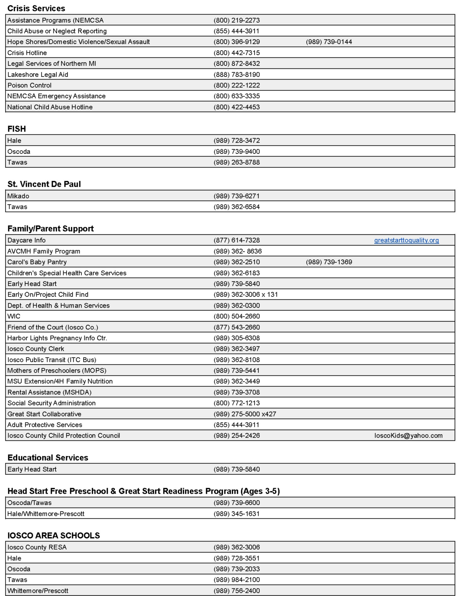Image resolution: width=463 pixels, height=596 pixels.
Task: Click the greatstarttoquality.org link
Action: [x=406, y=240]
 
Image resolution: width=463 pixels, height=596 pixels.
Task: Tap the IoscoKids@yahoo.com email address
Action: [x=408, y=436]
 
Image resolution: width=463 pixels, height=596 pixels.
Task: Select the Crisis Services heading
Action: [x=36, y=8]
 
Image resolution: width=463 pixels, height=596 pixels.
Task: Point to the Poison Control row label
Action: [x=29, y=85]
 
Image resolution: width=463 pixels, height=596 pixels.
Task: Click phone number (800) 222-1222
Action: [x=236, y=85]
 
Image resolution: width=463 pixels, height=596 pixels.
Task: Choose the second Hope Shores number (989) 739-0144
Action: [x=329, y=42]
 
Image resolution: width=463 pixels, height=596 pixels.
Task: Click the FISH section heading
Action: [x=16, y=129]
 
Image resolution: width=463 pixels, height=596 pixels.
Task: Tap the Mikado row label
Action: [x=18, y=196]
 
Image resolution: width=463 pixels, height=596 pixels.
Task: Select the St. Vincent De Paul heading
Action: [x=44, y=184]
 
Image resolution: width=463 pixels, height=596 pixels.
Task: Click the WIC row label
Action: [x=14, y=316]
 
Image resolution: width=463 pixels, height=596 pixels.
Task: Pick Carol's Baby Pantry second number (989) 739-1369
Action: [x=329, y=262]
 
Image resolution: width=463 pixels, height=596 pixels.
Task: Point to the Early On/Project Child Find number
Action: [x=246, y=294]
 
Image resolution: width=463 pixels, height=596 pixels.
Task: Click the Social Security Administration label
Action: [x=51, y=403]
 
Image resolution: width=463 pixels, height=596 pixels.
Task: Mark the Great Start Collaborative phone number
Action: [x=245, y=414]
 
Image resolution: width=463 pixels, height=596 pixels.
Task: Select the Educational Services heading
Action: [x=48, y=457]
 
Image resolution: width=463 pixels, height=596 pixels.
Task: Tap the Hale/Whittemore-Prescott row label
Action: [x=46, y=514]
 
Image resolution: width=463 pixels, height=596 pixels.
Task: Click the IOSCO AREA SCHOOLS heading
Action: [x=53, y=535]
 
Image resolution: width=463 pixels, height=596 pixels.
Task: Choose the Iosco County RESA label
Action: [x=37, y=547]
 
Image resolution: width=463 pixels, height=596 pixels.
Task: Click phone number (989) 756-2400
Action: [x=236, y=591]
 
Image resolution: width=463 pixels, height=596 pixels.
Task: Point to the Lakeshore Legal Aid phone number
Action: [x=236, y=74]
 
